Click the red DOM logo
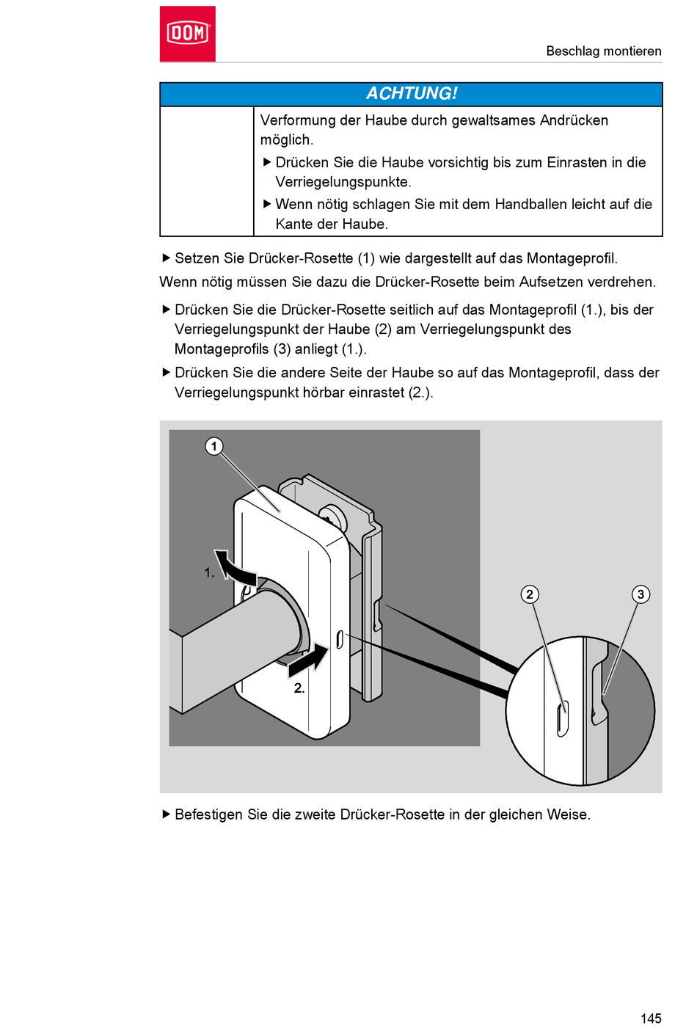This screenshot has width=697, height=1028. tap(187, 34)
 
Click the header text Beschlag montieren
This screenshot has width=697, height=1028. tap(603, 51)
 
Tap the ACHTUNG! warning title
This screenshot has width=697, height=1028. tap(411, 94)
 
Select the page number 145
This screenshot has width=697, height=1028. tap(650, 1018)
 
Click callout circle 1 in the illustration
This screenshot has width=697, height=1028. tap(214, 446)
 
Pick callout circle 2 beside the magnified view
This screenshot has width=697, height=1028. tap(530, 594)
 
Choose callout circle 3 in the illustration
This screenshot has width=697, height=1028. tap(641, 594)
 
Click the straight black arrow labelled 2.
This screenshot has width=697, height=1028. tap(308, 658)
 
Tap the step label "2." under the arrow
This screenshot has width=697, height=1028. tap(299, 688)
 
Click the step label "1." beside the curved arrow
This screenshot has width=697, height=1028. tap(209, 573)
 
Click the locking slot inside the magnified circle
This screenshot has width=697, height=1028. tap(563, 718)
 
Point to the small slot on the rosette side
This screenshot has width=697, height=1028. tap(340, 639)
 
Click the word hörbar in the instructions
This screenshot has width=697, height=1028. tap(324, 393)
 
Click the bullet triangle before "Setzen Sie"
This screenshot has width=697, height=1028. tap(166, 258)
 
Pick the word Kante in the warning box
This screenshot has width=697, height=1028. tap(295, 225)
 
